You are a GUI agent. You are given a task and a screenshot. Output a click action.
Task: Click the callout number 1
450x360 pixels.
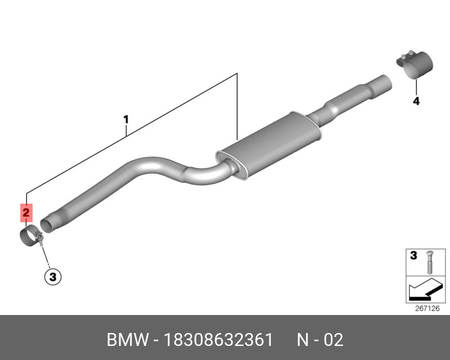[x=126, y=119]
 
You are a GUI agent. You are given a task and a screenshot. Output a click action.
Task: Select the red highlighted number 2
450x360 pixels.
[x=26, y=213]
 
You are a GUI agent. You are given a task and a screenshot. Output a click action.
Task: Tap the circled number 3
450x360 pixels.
[x=53, y=277]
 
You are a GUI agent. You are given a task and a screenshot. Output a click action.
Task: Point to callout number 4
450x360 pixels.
[x=416, y=101]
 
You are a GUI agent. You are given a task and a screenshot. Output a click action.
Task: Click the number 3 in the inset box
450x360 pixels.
[x=413, y=255]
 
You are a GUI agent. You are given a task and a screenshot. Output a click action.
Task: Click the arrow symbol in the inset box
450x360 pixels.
[x=425, y=289]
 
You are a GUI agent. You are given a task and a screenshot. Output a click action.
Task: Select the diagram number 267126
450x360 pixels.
[x=427, y=308]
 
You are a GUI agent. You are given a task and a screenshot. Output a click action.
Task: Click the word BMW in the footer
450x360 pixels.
[x=128, y=340]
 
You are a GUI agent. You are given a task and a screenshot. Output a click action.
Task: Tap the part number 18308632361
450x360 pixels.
[x=218, y=340]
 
